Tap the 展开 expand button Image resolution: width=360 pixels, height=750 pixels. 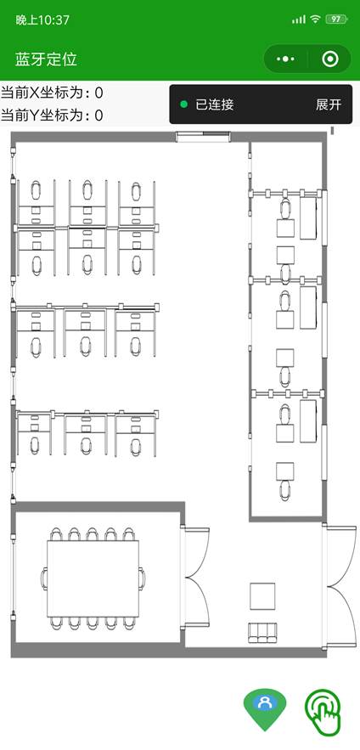tap(329, 104)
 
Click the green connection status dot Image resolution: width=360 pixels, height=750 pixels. tap(183, 104)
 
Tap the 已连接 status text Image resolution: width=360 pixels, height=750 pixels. tap(215, 104)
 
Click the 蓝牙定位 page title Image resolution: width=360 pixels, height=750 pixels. tap(46, 59)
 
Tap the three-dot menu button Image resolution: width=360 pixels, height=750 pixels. tap(285, 59)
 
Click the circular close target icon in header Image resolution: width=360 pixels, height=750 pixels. tap(330, 59)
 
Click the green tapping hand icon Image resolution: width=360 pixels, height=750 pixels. tap(323, 711)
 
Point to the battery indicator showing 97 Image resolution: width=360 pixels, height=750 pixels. tap(336, 20)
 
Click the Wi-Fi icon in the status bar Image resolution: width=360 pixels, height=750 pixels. tap(315, 20)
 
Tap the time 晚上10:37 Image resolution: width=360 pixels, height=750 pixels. tap(42, 20)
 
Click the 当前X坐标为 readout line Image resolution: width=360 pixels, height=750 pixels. tap(52, 93)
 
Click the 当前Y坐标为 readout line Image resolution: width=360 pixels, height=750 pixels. tap(52, 116)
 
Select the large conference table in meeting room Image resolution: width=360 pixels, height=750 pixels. tap(93, 578)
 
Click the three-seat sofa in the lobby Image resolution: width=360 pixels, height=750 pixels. tap(262, 632)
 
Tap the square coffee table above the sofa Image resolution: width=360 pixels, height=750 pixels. tap(262, 596)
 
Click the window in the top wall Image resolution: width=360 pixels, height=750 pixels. tap(203, 138)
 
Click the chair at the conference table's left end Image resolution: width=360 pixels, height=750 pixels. tap(44, 578)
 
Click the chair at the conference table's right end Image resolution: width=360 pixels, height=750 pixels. tap(142, 578)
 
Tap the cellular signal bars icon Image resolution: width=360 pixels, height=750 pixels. tap(298, 20)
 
